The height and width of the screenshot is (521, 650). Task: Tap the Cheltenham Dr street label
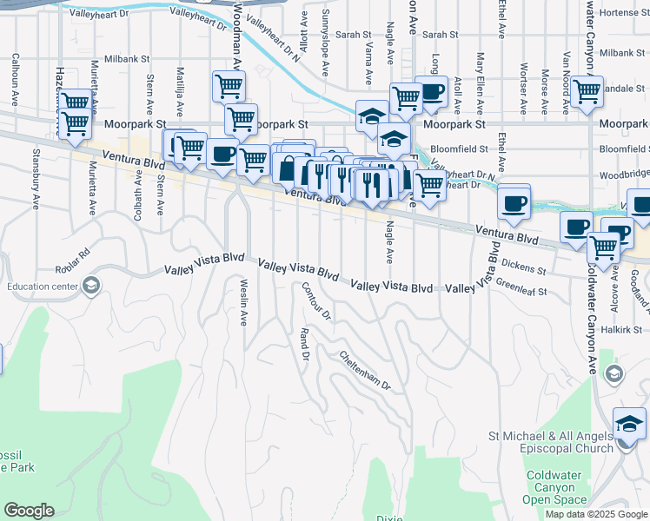point(365,369)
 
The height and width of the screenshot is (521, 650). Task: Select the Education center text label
point(40,286)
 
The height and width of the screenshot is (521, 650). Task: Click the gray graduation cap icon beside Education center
point(90,286)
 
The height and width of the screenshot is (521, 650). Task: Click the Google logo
point(29,510)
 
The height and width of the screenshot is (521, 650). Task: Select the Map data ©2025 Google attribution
point(596,514)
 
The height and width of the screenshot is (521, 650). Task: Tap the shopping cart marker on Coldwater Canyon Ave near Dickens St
point(603,247)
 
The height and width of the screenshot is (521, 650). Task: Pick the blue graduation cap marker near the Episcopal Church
point(629,425)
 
